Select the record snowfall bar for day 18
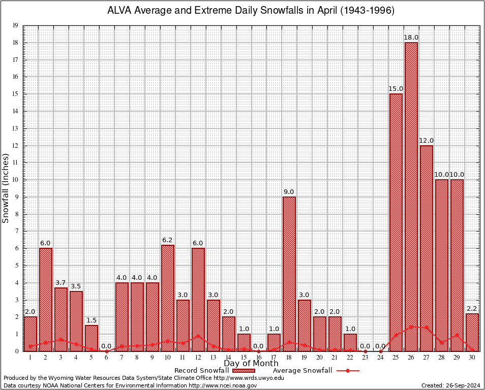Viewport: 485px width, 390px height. [289, 274]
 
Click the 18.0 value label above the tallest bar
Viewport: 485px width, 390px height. [411, 38]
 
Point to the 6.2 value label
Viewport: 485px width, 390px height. [168, 240]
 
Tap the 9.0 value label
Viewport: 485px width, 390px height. [289, 192]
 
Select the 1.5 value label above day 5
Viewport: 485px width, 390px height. [92, 320]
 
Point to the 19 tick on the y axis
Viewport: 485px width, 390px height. [16, 25]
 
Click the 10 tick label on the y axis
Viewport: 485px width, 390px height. [16, 180]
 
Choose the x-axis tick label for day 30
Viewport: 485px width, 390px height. [472, 357]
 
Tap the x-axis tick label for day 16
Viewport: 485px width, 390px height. [259, 357]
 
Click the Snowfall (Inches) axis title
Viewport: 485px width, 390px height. [6, 188]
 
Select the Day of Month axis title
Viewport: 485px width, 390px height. [251, 364]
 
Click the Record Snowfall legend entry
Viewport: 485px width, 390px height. [201, 371]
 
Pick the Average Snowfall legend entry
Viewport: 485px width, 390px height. [302, 371]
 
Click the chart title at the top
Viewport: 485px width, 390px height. [251, 11]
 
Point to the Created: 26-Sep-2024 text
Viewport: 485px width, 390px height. [450, 385]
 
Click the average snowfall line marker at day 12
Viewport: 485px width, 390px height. [198, 336]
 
